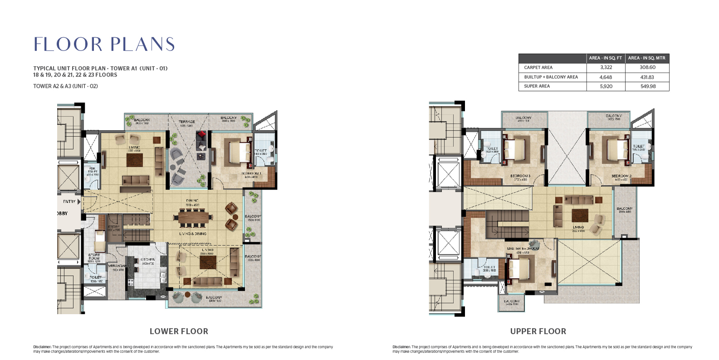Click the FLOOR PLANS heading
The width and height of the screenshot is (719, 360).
coord(104,44)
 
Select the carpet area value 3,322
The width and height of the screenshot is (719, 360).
coord(606,67)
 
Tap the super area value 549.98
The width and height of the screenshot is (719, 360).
coord(647,86)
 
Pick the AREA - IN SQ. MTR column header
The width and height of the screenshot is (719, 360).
coord(646,58)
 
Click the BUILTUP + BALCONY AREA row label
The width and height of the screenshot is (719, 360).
coord(551,77)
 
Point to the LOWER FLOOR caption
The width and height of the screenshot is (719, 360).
coord(179,331)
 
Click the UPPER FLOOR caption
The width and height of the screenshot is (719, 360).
coord(538,331)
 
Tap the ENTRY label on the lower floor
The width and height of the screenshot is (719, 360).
coord(69,201)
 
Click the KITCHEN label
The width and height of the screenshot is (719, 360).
coord(147,260)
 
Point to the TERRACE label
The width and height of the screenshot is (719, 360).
coord(186,122)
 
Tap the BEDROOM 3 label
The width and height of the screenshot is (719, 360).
coord(520,176)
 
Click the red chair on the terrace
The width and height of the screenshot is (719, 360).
coord(201,136)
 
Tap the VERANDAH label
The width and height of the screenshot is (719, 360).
coord(116,266)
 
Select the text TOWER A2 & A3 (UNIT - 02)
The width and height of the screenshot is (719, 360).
coord(65,86)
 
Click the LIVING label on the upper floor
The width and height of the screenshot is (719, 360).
coord(578,227)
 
